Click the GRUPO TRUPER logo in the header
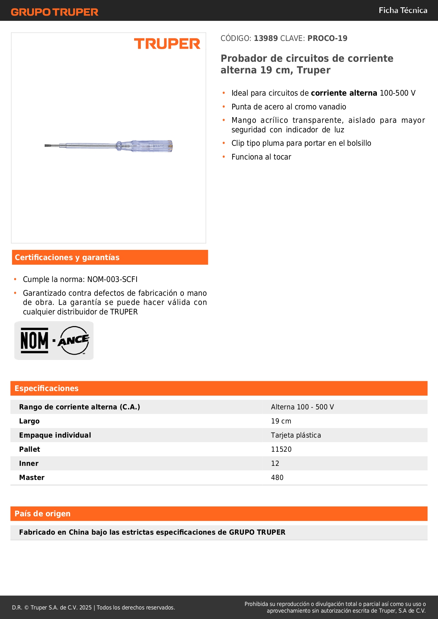[55, 12]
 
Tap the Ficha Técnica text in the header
[403, 11]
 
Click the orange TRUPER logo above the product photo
[167, 44]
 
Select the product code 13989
[266, 38]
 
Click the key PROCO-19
[327, 38]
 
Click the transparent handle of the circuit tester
[152, 146]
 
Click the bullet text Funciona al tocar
[261, 157]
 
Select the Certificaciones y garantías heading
[67, 258]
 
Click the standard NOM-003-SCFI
[112, 280]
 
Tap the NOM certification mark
[34, 341]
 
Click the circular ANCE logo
[74, 341]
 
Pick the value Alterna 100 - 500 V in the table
[302, 407]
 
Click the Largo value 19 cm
[281, 421]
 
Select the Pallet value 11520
[281, 450]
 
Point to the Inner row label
[29, 464]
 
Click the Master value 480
[277, 478]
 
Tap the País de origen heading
[42, 514]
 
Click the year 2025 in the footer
[85, 608]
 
